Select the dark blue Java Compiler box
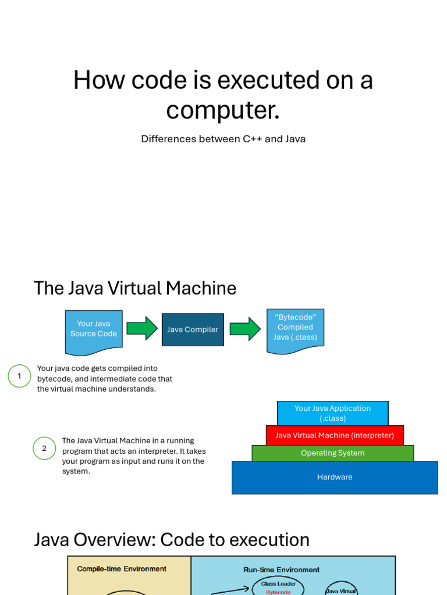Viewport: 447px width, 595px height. click(x=193, y=329)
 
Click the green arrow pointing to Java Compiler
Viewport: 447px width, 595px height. click(x=142, y=328)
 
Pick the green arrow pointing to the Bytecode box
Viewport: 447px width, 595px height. click(x=245, y=329)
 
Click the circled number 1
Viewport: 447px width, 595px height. click(x=19, y=376)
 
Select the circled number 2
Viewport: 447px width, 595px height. click(x=44, y=448)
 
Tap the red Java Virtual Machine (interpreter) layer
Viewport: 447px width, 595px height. click(x=335, y=435)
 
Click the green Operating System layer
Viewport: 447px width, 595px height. click(x=332, y=453)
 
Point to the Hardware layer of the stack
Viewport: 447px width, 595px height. click(x=335, y=477)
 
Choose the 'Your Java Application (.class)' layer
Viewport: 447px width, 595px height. click(x=332, y=413)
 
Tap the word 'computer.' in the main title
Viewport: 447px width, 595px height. click(x=223, y=110)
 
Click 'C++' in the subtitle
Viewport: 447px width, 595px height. click(x=253, y=139)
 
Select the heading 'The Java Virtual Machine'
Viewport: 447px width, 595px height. click(x=135, y=288)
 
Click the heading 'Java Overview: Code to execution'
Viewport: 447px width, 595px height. click(x=172, y=540)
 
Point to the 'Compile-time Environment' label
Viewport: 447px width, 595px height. click(x=122, y=569)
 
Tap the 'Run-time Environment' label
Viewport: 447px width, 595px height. click(x=281, y=570)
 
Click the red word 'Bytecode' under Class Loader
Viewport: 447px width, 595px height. click(x=278, y=592)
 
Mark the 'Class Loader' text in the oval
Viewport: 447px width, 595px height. click(x=278, y=583)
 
